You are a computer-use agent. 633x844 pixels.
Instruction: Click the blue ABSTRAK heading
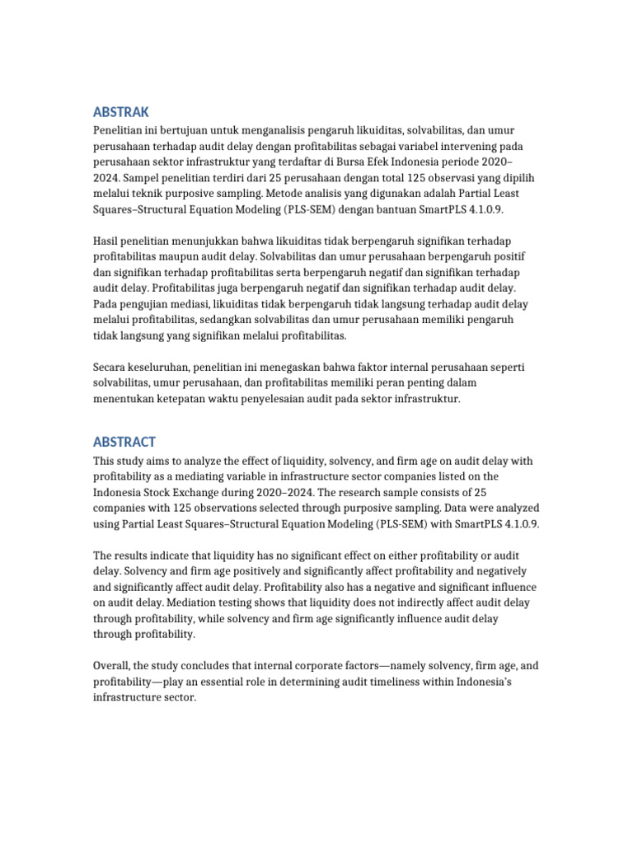[x=120, y=112]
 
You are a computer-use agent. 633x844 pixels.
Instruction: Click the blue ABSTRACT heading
[x=124, y=442]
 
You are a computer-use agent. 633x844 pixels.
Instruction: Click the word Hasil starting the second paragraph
[x=107, y=240]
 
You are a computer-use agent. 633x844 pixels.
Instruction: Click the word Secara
[x=111, y=367]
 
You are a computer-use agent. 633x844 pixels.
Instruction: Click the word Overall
[x=113, y=665]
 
